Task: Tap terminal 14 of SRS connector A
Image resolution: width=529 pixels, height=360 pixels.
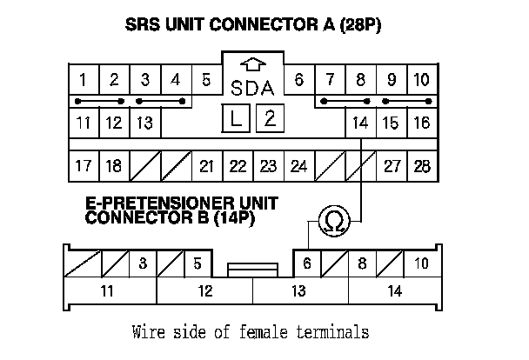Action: click(x=361, y=123)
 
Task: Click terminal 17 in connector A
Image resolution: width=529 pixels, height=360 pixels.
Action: click(x=83, y=165)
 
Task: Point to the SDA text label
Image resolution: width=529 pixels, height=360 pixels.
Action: click(x=252, y=88)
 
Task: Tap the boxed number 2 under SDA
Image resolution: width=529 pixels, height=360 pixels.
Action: click(x=269, y=119)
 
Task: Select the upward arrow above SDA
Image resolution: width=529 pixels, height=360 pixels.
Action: click(x=252, y=64)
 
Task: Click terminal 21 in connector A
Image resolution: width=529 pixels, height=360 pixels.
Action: click(x=206, y=165)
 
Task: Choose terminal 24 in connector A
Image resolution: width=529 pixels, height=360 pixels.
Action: click(x=298, y=165)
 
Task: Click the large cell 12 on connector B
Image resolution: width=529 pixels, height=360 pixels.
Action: click(x=204, y=291)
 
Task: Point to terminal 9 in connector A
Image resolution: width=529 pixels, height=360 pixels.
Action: click(x=392, y=81)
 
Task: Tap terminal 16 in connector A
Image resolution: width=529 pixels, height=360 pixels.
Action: click(x=422, y=123)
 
